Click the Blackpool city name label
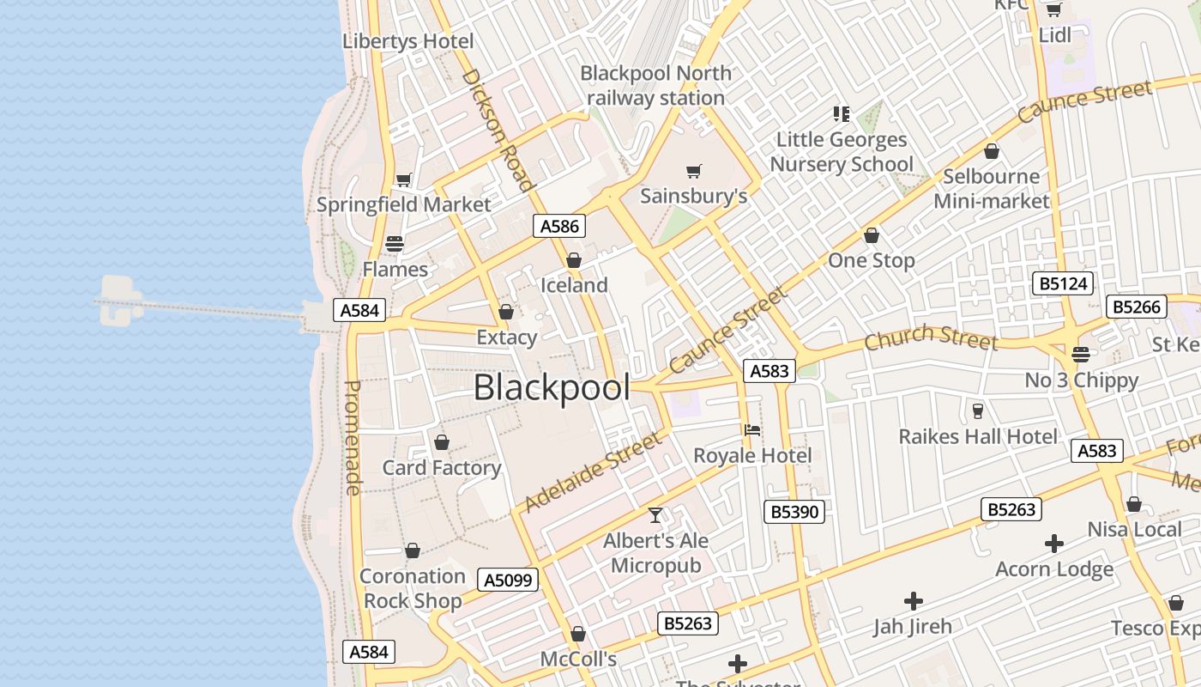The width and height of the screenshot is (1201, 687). click(552, 388)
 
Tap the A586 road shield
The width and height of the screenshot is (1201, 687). click(560, 226)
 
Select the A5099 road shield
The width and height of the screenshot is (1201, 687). click(509, 580)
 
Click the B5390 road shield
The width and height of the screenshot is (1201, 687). click(794, 512)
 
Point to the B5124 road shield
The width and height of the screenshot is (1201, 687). click(1063, 283)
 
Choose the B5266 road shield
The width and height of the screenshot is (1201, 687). click(1138, 307)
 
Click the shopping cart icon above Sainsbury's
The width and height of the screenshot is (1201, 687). click(694, 172)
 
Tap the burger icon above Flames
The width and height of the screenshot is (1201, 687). click(395, 244)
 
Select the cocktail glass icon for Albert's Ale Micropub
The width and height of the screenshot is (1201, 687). click(655, 515)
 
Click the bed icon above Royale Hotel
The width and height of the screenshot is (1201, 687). click(752, 429)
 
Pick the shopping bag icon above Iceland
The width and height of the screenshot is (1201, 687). click(574, 260)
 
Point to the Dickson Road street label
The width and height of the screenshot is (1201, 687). click(498, 130)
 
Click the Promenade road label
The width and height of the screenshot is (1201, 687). click(353, 438)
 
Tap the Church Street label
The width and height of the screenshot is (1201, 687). click(931, 337)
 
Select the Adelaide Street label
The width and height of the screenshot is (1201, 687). click(593, 472)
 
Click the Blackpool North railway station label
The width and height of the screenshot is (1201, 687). click(656, 86)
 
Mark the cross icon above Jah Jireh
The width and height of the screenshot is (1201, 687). click(914, 601)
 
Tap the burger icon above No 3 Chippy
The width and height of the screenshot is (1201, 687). click(1081, 354)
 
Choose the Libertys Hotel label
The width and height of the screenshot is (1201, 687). click(407, 41)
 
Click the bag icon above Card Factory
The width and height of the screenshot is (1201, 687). click(442, 442)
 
